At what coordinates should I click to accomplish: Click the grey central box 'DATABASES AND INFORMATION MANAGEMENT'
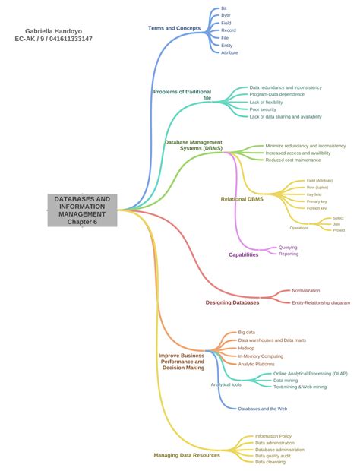coord(83,210)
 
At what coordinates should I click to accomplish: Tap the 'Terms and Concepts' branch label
coord(175,28)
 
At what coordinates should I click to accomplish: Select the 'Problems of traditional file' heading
coord(182,95)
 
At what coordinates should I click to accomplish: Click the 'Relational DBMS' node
coord(242,199)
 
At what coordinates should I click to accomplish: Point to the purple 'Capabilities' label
coord(244,254)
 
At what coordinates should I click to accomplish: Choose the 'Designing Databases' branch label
coord(232,302)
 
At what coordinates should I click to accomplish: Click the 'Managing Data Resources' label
coord(187,455)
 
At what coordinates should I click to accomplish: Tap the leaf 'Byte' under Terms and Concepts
coord(226,15)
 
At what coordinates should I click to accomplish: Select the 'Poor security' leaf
coord(264,109)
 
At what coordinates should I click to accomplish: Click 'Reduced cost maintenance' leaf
coord(293,160)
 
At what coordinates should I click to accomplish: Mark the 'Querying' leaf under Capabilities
coord(288,247)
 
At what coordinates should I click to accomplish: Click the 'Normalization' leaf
coord(306,290)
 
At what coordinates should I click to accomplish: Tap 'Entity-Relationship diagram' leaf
coord(321,302)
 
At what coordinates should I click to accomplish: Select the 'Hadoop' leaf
coord(246,348)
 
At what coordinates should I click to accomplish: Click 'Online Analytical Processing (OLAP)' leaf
coord(310,374)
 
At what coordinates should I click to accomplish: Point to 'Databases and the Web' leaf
coord(262,409)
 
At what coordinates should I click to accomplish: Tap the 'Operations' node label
coord(299,228)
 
